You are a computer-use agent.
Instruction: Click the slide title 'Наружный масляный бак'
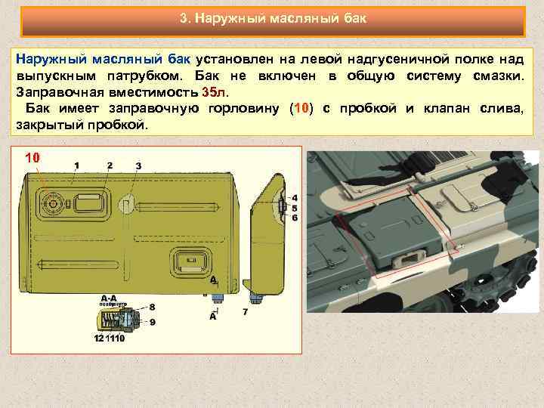pos(273,17)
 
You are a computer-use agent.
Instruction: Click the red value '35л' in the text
pos(214,92)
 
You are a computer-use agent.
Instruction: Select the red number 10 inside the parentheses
pos(301,109)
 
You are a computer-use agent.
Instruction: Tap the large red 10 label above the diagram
pos(32,158)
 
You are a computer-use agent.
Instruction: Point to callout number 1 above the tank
pos(76,165)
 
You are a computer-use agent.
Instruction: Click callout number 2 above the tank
pos(110,165)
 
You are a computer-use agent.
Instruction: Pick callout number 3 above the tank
pos(138,165)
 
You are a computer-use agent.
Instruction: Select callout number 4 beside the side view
pos(294,197)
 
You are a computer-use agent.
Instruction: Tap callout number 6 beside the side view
pos(294,217)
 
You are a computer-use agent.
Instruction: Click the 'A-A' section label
pos(109,298)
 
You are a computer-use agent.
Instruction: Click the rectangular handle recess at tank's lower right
pos(186,263)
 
